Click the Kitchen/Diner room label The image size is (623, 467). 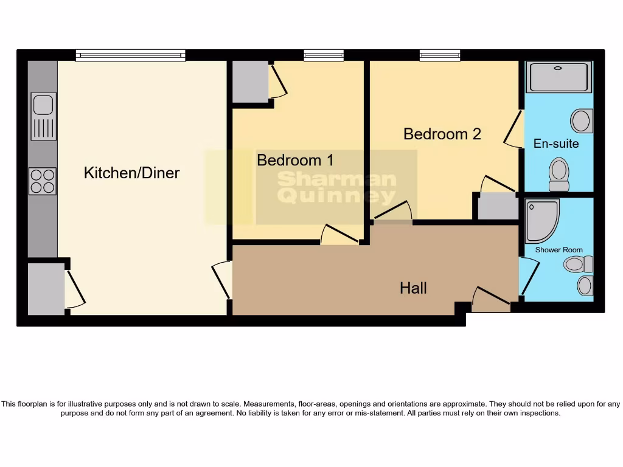[131, 173]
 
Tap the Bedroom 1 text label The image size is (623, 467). [295, 160]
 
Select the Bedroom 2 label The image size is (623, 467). [442, 134]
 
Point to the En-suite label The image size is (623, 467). [556, 144]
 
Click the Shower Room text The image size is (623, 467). [559, 250]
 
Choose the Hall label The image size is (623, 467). [413, 288]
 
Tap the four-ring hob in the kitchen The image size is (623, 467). [43, 181]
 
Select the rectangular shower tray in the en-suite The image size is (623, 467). [558, 77]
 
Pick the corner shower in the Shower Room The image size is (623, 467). [541, 220]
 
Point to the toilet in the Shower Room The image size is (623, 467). [578, 264]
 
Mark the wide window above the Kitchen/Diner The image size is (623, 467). [130, 56]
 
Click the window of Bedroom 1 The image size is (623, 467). [324, 56]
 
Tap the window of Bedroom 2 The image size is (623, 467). [439, 56]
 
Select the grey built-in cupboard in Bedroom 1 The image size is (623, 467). [249, 82]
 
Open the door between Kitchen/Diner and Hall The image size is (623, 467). [222, 280]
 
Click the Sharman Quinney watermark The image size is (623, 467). [336, 187]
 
